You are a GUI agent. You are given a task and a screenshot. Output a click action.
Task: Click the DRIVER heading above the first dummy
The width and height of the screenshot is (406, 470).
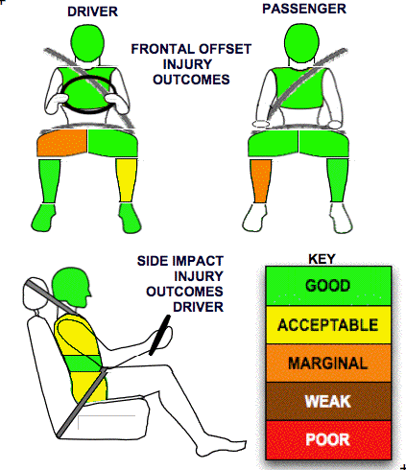pyautogui.click(x=92, y=12)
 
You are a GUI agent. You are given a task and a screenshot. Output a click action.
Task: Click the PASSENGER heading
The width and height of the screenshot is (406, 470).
pyautogui.click(x=304, y=9)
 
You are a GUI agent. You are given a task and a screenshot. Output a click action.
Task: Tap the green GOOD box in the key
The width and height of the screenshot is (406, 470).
pyautogui.click(x=328, y=286)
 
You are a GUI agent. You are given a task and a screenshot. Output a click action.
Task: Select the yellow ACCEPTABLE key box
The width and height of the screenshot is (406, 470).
pyautogui.click(x=328, y=325)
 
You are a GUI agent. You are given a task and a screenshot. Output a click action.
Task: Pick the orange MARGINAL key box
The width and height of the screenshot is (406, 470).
pyautogui.click(x=328, y=363)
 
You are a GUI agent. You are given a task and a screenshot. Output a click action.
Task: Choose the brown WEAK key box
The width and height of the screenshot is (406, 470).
pyautogui.click(x=328, y=401)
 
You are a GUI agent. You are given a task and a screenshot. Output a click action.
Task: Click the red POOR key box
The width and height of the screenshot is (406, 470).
pyautogui.click(x=328, y=440)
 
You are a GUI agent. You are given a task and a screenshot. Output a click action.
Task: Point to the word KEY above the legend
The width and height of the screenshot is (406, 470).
pyautogui.click(x=322, y=259)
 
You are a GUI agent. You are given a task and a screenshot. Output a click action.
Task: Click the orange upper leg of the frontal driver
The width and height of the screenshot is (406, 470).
pyautogui.click(x=62, y=142)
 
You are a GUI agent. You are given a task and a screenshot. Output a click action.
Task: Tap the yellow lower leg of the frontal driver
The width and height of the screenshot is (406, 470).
pyautogui.click(x=128, y=180)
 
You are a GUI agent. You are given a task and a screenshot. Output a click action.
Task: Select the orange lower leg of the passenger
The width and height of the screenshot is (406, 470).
pyautogui.click(x=261, y=181)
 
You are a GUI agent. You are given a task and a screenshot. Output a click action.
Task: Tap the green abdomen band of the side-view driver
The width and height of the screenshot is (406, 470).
pyautogui.click(x=84, y=364)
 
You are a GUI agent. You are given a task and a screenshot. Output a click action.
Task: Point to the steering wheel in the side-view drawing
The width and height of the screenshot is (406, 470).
pyautogui.click(x=159, y=335)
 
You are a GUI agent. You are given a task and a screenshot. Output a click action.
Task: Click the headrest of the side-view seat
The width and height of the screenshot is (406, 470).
pyautogui.click(x=35, y=293)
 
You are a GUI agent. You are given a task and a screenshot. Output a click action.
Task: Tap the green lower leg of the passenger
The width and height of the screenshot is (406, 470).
pyautogui.click(x=338, y=180)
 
